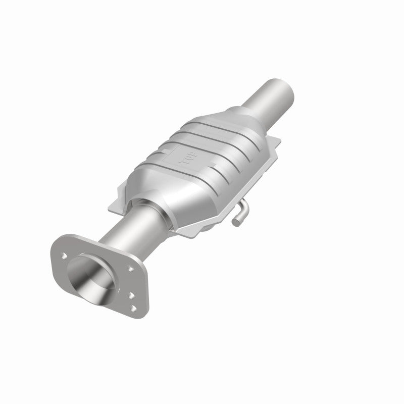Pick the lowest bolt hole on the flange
[134, 307]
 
